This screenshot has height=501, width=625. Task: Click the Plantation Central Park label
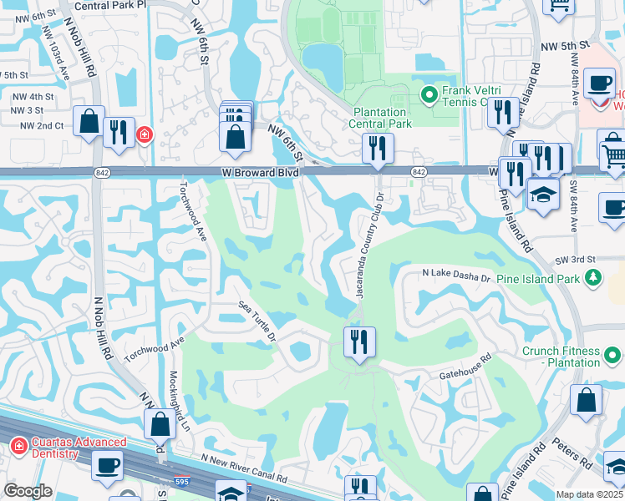tap(382, 118)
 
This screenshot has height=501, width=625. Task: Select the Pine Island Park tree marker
tap(593, 277)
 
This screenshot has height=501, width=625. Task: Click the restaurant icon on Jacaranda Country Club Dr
tap(359, 342)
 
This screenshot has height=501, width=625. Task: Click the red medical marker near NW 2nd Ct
tap(144, 134)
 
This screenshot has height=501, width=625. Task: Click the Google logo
tap(28, 491)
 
